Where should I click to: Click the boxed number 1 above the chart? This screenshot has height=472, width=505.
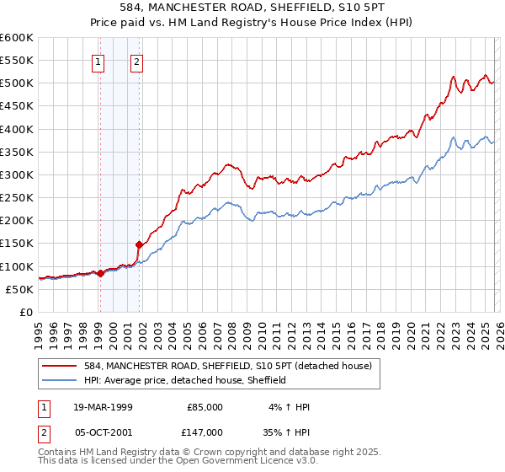99,60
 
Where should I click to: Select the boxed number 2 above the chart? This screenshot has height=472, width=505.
136,60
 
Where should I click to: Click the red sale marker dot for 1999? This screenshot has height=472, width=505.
101,273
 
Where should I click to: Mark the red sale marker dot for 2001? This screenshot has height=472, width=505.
139,244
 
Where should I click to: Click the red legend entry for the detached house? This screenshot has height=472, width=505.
233,365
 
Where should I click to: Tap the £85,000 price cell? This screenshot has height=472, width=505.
205,406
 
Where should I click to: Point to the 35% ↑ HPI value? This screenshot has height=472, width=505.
288,432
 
